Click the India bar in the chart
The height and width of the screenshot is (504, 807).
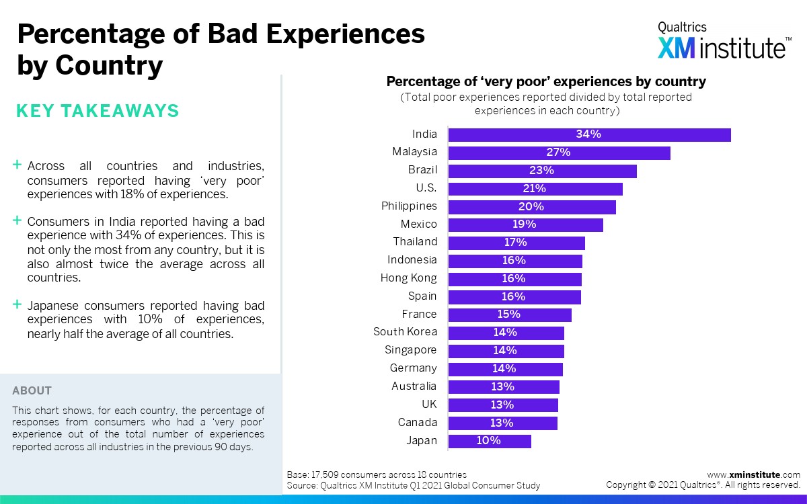click(589, 134)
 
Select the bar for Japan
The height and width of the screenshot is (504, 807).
click(490, 441)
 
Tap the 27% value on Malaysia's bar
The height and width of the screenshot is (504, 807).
click(558, 153)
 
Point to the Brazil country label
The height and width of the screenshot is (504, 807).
click(422, 170)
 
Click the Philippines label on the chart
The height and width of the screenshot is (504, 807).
click(409, 206)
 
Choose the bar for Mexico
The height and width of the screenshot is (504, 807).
click(525, 224)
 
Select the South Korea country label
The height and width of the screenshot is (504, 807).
click(405, 332)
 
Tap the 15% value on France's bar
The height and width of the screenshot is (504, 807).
click(509, 314)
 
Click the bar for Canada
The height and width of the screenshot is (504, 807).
click(502, 423)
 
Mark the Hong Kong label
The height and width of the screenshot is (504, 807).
click(408, 278)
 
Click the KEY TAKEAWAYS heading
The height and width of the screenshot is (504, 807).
click(98, 111)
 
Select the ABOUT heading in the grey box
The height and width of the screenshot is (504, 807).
click(32, 390)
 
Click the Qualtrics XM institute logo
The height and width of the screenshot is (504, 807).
click(724, 41)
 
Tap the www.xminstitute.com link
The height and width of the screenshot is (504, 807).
click(753, 474)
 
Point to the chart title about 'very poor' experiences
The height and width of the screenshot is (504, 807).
click(545, 82)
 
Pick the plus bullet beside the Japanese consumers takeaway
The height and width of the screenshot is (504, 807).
click(17, 304)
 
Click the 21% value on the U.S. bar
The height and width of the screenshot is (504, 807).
click(535, 188)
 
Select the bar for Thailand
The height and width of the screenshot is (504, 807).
click(516, 243)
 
